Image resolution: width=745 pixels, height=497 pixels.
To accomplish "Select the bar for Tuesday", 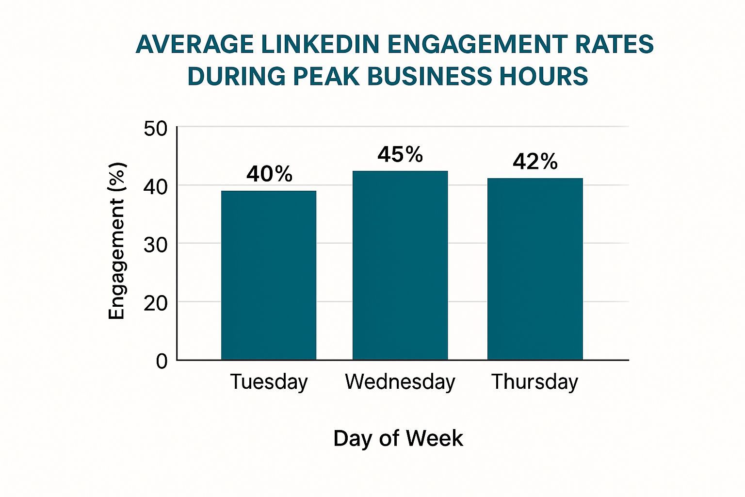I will [269, 275].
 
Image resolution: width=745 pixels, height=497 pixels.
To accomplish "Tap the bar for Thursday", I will [535, 269].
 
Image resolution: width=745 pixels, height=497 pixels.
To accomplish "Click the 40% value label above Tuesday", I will [269, 174].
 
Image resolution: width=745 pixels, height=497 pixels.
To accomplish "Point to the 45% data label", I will [400, 155].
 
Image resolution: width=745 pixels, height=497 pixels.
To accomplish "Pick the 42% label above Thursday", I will [535, 162].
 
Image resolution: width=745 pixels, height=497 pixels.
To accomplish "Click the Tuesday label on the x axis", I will [269, 382].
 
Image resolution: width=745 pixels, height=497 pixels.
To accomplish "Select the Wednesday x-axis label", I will [400, 381].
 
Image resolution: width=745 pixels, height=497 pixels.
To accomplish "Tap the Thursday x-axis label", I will [534, 382].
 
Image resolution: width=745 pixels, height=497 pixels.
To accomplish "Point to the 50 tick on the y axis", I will [155, 129].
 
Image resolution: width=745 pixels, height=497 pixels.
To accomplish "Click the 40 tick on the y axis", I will [155, 186].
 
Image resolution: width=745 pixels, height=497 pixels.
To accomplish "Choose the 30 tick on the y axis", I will [155, 245].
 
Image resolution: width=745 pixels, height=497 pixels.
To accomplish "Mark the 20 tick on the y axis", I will [155, 303].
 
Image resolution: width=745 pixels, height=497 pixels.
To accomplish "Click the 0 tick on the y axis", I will [162, 361].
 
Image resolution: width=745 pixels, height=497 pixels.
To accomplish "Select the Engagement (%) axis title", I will [117, 241].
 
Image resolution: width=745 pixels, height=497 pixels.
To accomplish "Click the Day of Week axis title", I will [398, 438].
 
